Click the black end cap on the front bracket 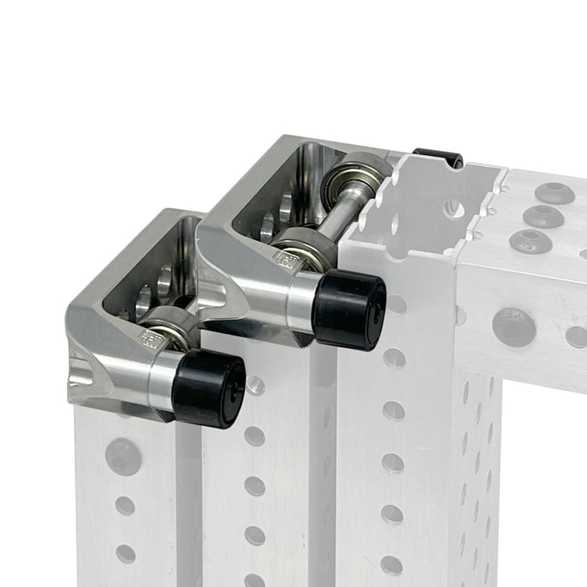click(x=212, y=388)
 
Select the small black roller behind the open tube click(x=438, y=157)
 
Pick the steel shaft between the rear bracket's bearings click(x=339, y=215)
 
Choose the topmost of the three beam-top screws click(x=555, y=194)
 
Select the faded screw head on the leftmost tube click(x=122, y=456)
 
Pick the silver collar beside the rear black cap click(x=300, y=303)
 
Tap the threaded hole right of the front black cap click(x=255, y=387)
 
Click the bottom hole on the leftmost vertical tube click(x=126, y=553)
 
